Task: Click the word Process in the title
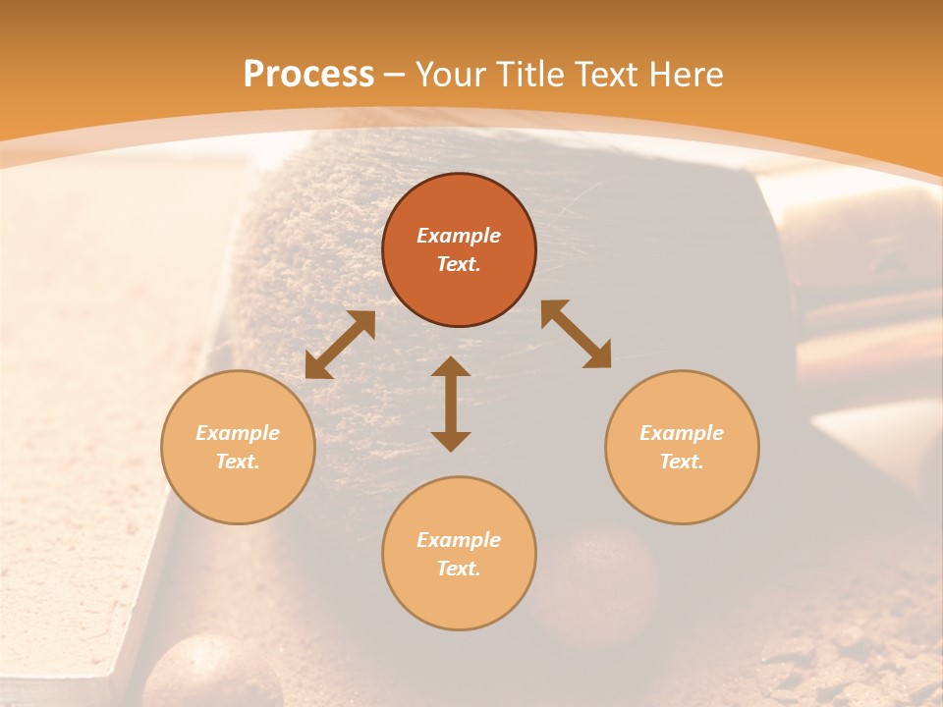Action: point(308,74)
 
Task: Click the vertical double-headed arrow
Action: point(451,404)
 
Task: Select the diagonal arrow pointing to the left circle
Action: point(340,345)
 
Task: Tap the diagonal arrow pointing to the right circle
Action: point(577,334)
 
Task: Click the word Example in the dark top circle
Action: point(459,236)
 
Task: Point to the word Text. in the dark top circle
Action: point(459,264)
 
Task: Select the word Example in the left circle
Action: point(238,433)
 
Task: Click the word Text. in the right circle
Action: point(682,462)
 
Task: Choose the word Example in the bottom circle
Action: point(459,540)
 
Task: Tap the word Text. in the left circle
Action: point(238,462)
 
